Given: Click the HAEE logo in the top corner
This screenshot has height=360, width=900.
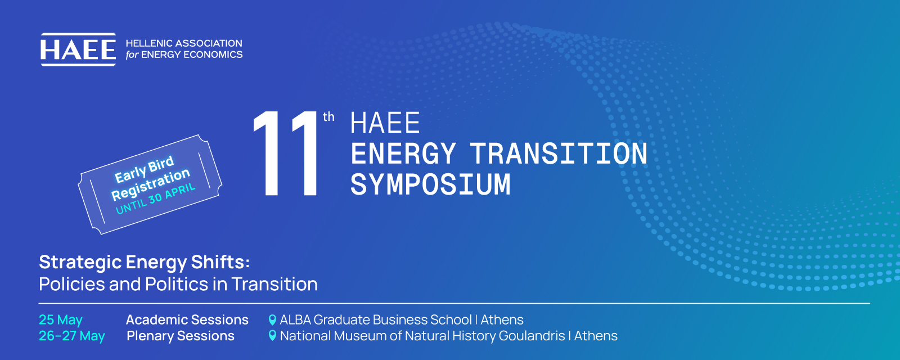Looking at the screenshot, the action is [78, 49].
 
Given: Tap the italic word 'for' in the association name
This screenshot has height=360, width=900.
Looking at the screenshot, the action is [132, 55].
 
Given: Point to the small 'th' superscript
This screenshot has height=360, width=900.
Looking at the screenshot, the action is [328, 117].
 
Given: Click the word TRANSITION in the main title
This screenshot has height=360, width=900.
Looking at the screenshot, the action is [559, 154].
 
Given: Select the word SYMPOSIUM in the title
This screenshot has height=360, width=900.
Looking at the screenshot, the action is [430, 184].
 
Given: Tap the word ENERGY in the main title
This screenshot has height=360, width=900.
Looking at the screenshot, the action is [403, 154].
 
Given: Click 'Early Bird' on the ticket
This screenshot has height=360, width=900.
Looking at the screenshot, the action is [144, 169].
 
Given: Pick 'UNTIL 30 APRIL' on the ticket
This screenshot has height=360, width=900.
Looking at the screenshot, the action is [155, 198].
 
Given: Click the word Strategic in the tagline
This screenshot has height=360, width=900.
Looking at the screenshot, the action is [80, 263].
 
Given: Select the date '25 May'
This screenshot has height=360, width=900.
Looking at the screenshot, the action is [61, 320].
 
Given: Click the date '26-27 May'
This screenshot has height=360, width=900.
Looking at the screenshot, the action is [72, 336].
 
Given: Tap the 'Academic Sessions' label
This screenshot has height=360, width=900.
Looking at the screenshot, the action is [187, 320].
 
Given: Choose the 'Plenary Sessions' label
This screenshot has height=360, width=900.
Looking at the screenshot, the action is [181, 336].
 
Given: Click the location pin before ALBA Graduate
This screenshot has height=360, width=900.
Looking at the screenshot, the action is [272, 320].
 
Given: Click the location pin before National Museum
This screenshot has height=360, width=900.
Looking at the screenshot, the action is [272, 335].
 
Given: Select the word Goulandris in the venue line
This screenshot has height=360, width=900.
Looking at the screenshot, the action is [532, 336].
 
